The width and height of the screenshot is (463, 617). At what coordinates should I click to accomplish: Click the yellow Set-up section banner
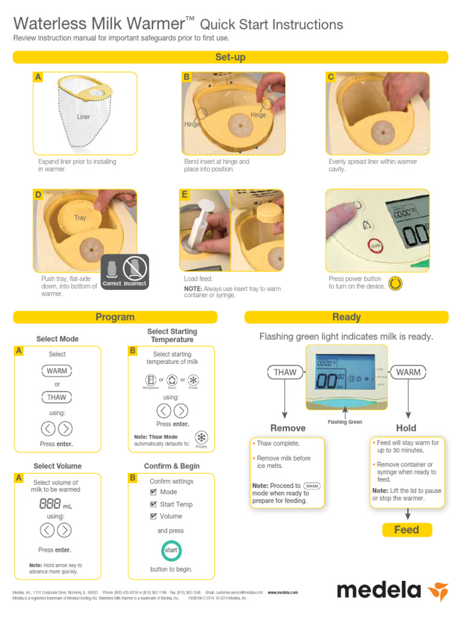tap(230, 57)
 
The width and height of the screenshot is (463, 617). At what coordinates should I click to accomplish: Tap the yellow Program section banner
tap(115, 317)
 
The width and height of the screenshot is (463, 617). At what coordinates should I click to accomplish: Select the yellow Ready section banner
tap(346, 317)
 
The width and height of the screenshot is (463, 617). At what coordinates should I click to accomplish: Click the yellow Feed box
tap(406, 530)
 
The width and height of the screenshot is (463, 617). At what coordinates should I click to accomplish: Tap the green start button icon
tap(172, 550)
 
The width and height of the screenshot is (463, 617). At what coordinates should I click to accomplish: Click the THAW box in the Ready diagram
tap(285, 372)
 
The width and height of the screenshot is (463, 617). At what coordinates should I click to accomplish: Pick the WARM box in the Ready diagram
tap(408, 372)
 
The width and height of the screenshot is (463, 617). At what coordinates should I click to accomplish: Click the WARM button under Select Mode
tap(57, 371)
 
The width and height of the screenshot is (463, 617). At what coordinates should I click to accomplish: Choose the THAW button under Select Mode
tap(57, 397)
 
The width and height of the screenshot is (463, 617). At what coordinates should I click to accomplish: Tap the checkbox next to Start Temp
tap(153, 504)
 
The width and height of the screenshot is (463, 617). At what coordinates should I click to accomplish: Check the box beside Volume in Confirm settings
tap(153, 516)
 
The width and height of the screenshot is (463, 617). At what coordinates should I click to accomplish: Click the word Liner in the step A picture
tap(83, 117)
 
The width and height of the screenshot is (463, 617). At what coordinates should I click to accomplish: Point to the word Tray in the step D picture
tap(80, 218)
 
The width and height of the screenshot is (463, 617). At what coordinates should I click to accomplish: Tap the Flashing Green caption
tap(345, 422)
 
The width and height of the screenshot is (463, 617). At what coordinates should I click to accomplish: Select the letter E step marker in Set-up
tap(185, 195)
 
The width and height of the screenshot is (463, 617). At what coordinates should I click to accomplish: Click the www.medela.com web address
tap(283, 592)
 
